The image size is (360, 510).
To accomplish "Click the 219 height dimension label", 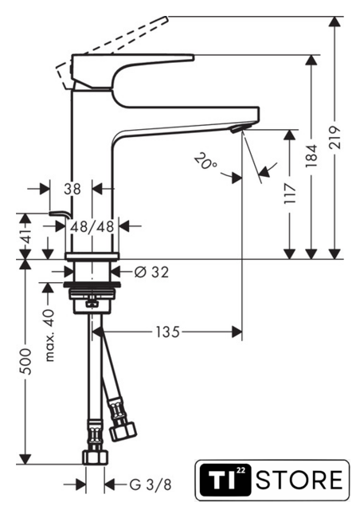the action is [x=335, y=137].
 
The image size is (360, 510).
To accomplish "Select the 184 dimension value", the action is [x=311, y=156].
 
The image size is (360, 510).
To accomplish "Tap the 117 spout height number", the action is [x=290, y=194].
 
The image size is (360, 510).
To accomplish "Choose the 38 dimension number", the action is [x=72, y=189].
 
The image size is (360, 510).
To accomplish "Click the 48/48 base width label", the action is [x=92, y=226].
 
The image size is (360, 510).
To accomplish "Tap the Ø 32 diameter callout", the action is [x=151, y=273].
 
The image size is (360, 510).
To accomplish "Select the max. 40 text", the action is [x=49, y=335].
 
